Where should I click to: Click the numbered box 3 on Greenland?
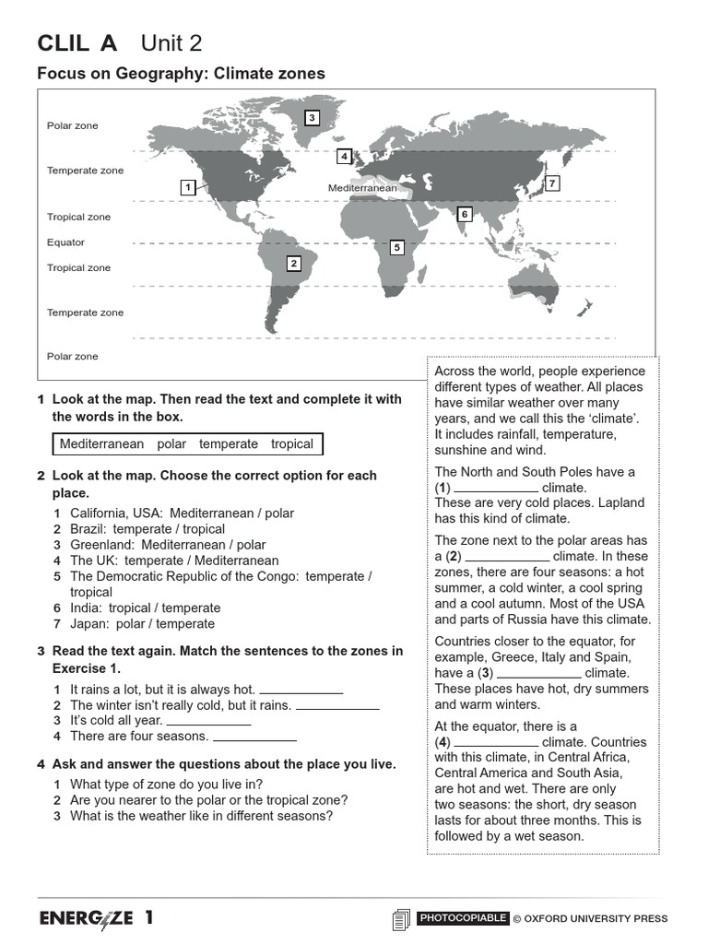[312, 117]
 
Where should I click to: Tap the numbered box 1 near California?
[187, 187]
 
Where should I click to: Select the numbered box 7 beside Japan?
[551, 183]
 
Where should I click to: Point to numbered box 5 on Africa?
[396, 247]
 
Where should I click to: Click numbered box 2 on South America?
[293, 264]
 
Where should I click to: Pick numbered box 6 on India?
[464, 214]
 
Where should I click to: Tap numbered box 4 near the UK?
[344, 156]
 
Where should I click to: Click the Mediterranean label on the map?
[362, 188]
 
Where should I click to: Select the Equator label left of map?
[65, 242]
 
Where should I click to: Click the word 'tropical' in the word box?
[292, 444]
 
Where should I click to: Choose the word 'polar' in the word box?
[171, 444]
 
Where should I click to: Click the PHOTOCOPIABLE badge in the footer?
[462, 918]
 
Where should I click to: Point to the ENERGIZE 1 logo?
[96, 918]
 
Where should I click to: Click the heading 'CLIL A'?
[77, 43]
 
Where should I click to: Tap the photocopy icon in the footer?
[400, 919]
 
